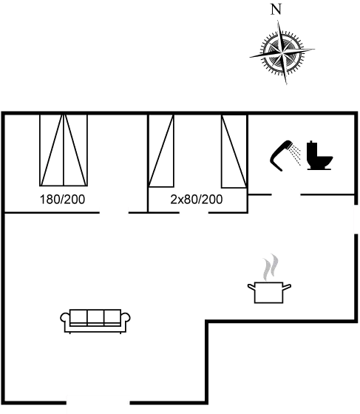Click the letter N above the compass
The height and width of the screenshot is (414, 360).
[276, 10]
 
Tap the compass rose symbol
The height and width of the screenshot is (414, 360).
[282, 52]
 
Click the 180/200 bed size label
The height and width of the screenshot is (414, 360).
[62, 200]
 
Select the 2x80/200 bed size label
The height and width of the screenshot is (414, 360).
[197, 200]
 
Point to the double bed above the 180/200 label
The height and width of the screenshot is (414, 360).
[64, 150]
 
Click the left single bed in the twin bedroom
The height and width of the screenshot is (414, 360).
[161, 151]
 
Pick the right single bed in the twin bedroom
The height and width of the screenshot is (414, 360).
[234, 151]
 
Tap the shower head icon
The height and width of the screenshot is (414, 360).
[280, 156]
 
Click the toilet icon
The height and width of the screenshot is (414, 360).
[319, 155]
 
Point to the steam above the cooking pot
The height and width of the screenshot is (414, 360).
[271, 267]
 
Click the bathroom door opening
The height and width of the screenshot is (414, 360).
[286, 195]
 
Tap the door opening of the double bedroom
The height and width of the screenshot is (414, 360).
[114, 212]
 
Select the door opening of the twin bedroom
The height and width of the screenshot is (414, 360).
[194, 212]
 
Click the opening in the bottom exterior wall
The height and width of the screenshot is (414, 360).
[98, 403]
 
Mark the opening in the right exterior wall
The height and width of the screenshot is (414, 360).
[356, 219]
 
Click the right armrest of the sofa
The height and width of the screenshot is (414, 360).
[126, 319]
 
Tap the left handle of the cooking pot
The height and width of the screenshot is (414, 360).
[251, 287]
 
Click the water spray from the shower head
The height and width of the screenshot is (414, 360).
[295, 155]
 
